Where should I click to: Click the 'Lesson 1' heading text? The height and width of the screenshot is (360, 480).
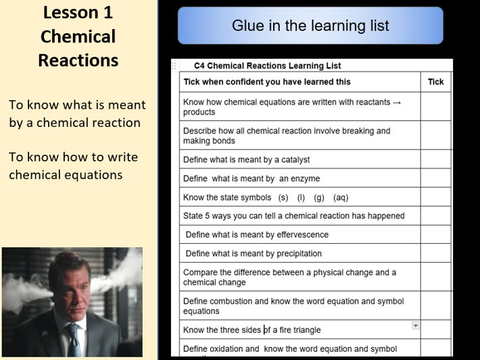pos(78,12)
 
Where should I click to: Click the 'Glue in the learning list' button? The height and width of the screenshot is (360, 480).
pos(310,26)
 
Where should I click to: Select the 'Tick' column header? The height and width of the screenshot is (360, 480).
pos(435,82)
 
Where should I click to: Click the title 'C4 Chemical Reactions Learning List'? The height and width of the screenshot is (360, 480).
pos(267,66)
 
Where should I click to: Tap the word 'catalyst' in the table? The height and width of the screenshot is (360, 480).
pos(293,160)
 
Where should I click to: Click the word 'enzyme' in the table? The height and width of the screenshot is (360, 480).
pos(304,179)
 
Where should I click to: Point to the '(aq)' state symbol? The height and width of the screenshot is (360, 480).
pos(341,198)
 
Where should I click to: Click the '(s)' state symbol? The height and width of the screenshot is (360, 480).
pos(283,198)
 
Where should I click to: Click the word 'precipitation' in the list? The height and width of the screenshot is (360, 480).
pos(299,254)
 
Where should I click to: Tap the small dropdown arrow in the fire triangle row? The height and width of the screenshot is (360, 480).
pos(415,326)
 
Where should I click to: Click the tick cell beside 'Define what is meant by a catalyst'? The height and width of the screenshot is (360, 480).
pos(435,159)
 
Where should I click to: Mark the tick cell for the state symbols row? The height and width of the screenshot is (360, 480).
pos(435,197)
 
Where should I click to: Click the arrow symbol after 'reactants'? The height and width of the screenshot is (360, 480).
pos(397,103)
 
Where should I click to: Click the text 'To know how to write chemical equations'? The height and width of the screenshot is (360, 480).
pos(73,165)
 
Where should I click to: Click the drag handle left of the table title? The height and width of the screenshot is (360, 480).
pos(174,66)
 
